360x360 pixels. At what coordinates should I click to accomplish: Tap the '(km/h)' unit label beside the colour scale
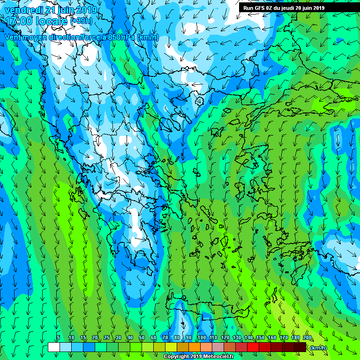point(318,347)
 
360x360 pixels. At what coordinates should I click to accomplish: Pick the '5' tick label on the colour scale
point(58,337)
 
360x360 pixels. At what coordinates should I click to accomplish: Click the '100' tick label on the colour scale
point(202,337)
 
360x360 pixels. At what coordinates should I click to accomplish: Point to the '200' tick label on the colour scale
point(307,337)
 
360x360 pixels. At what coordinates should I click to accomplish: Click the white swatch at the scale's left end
point(54,347)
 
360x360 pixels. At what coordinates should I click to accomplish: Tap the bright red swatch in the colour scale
point(253,347)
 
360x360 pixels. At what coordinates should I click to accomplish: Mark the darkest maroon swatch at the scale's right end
point(300,347)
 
